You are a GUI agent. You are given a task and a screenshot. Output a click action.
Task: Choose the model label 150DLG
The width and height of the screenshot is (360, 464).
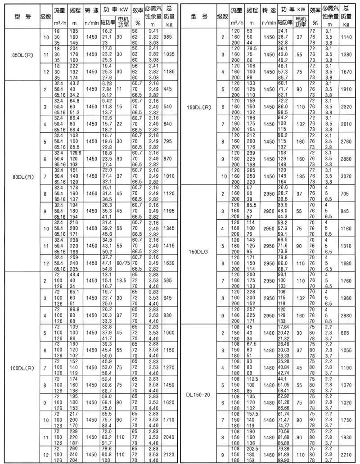pyautogui.click(x=198, y=253)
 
